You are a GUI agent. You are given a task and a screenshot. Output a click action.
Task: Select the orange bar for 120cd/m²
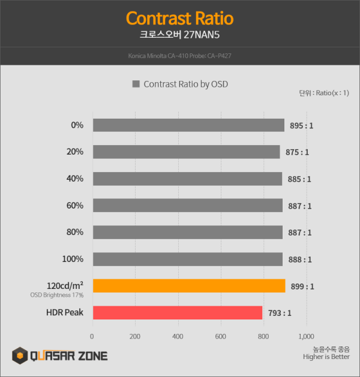point(189,286)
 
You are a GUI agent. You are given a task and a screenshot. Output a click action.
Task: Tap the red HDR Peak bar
point(178,312)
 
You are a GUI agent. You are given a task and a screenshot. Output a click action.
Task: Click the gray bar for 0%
point(188,125)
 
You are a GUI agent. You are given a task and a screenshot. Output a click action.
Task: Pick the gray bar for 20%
point(187,152)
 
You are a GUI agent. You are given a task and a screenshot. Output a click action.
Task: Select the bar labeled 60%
point(188,206)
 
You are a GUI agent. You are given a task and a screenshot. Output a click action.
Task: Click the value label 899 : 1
point(304,286)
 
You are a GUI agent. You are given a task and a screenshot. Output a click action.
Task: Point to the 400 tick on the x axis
point(178,336)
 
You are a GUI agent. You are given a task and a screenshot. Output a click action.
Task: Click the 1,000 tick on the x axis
point(305,336)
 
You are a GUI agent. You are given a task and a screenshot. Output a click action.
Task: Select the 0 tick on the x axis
point(92,336)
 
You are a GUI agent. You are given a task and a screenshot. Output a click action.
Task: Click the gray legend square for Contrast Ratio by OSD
point(136,85)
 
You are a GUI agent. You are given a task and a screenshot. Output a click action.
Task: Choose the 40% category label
point(75,179)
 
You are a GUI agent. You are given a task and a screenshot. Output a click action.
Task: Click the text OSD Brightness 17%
point(57,295)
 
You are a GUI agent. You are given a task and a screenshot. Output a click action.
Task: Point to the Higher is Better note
point(326,358)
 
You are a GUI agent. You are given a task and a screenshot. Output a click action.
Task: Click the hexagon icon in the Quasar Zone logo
point(20,356)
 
